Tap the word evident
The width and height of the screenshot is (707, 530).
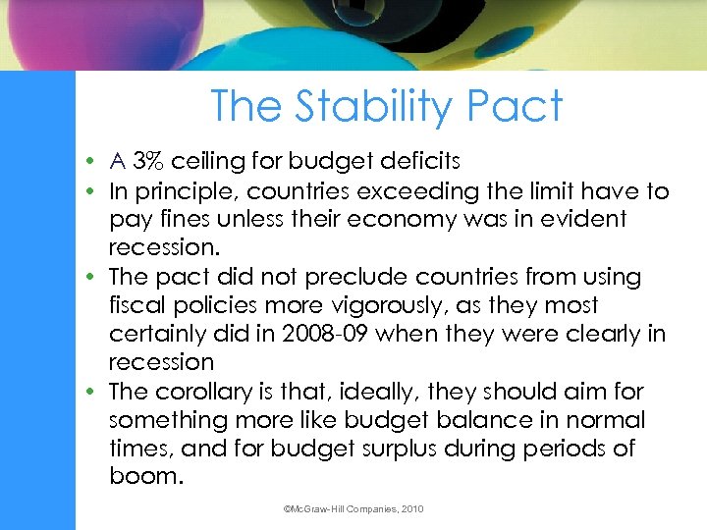pos(580,219)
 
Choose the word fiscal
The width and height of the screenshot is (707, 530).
pos(136,305)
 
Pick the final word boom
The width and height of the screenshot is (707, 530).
pos(146,477)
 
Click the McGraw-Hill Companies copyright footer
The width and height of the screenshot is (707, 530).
pos(353,509)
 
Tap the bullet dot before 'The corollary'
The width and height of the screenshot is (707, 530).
pos(90,392)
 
